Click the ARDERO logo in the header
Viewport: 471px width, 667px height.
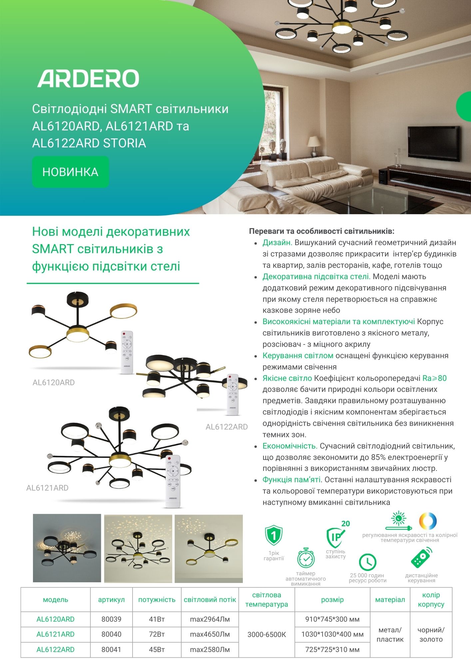tap(88, 79)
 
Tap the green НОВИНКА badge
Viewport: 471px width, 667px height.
tap(70, 172)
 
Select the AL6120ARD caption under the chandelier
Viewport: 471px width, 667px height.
tap(54, 383)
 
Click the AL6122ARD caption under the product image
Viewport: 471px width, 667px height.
tap(227, 427)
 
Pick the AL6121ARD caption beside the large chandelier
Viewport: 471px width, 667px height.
tap(47, 488)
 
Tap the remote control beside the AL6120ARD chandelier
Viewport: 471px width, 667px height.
tap(127, 352)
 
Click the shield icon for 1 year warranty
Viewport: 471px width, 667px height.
tap(273, 536)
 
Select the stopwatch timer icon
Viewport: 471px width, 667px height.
tap(306, 558)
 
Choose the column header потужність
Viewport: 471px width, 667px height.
tap(157, 600)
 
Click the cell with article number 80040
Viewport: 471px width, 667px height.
tap(111, 634)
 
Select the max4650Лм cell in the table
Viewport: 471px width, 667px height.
tap(210, 634)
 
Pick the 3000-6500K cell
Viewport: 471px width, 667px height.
tap(266, 634)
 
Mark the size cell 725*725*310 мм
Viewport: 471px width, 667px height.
tap(332, 650)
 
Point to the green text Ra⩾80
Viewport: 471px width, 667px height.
tap(434, 378)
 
